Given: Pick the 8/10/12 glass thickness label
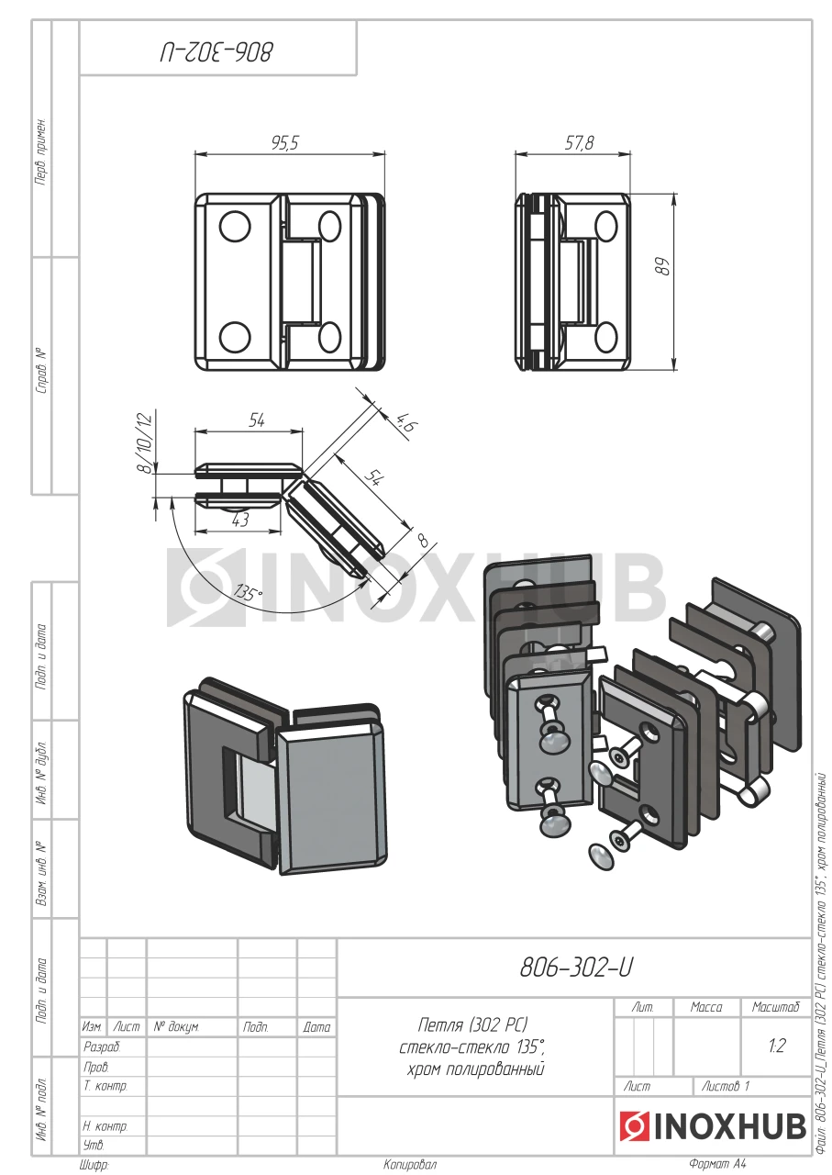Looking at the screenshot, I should [141, 442].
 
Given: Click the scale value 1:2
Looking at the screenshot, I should [775, 1046].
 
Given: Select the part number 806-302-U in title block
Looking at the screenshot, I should [576, 968].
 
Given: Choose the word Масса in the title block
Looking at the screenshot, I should [706, 1007].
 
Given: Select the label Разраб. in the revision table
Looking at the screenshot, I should [102, 1046].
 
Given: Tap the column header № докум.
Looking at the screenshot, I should [176, 1026].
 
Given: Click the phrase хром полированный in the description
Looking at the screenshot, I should [475, 1069].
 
